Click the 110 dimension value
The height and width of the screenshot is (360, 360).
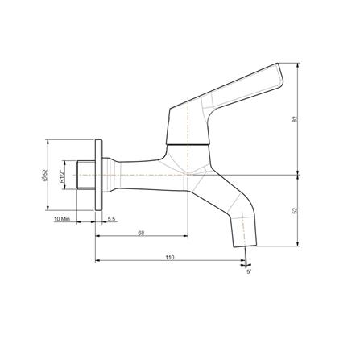pyautogui.click(x=170, y=257)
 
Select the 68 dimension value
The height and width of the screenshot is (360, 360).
pyautogui.click(x=141, y=233)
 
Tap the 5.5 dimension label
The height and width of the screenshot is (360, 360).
pyautogui.click(x=111, y=219)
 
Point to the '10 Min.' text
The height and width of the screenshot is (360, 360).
pyautogui.click(x=63, y=219)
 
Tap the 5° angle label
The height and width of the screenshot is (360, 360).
pyautogui.click(x=249, y=271)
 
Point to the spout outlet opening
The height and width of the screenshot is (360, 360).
pyautogui.click(x=241, y=246)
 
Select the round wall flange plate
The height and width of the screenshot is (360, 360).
pyautogui.click(x=99, y=175)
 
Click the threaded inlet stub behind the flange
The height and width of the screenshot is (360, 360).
pyautogui.click(x=81, y=175)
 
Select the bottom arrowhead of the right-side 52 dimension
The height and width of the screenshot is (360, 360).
pyautogui.click(x=298, y=245)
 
